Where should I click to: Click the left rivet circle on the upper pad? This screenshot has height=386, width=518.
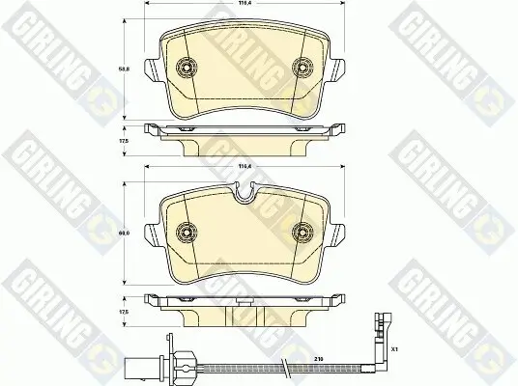pyautogui.click(x=187, y=67)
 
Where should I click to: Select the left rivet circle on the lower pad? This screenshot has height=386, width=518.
pyautogui.click(x=187, y=233)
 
